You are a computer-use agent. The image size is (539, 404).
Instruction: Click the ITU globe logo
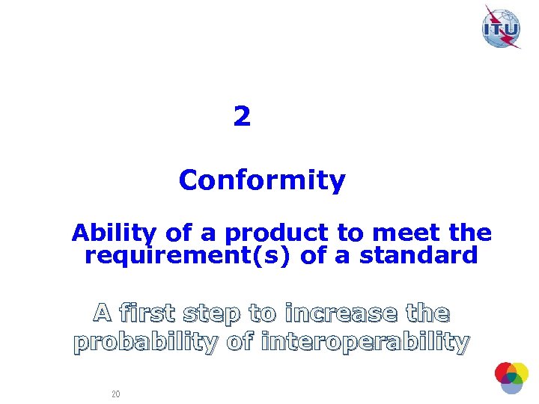point(501,28)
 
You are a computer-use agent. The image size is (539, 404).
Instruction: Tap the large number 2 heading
point(241,117)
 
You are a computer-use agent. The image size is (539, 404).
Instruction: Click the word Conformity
point(262,180)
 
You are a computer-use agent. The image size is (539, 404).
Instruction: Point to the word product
point(272,233)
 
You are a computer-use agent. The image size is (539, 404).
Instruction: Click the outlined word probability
point(147,342)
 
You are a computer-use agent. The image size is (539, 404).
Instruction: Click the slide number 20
point(115,394)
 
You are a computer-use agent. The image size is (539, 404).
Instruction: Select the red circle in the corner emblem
point(503,371)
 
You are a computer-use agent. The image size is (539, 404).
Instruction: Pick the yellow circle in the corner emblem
point(519,372)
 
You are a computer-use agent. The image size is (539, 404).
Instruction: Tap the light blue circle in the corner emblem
point(511,385)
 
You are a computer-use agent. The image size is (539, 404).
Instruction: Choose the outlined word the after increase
point(429,312)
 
